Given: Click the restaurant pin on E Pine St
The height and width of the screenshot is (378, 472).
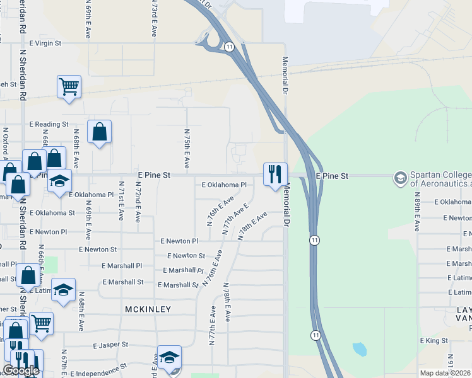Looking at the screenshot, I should click(x=275, y=175).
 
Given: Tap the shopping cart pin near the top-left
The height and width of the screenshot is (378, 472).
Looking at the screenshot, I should click(x=69, y=87).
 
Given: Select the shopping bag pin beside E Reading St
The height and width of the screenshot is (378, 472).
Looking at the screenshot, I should click(x=99, y=132).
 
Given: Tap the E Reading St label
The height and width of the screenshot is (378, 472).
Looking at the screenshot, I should click(x=48, y=124).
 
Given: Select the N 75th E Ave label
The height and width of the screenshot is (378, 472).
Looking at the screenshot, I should click(x=187, y=149).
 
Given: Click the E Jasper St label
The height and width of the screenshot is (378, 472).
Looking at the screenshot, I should click(x=110, y=345).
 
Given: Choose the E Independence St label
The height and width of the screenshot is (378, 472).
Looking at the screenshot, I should click(x=101, y=365).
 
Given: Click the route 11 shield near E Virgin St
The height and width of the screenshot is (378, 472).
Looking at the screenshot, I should click(x=228, y=47).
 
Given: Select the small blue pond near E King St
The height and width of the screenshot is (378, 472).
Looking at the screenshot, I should click(x=358, y=348).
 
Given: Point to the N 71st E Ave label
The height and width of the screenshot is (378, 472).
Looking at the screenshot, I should click(x=120, y=202).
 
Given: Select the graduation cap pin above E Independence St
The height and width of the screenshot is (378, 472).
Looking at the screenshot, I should click(x=169, y=358).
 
